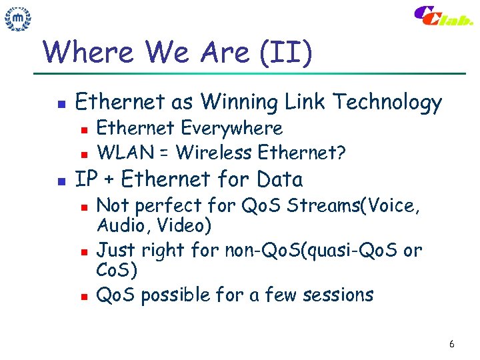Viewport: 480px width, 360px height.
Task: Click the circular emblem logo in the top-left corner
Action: coord(19,20)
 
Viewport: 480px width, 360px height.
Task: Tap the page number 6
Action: coord(452,344)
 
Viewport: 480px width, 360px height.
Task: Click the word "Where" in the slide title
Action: coord(80,52)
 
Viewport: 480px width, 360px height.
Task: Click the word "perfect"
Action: coord(167,206)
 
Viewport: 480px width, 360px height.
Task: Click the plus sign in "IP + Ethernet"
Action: coord(108,180)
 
